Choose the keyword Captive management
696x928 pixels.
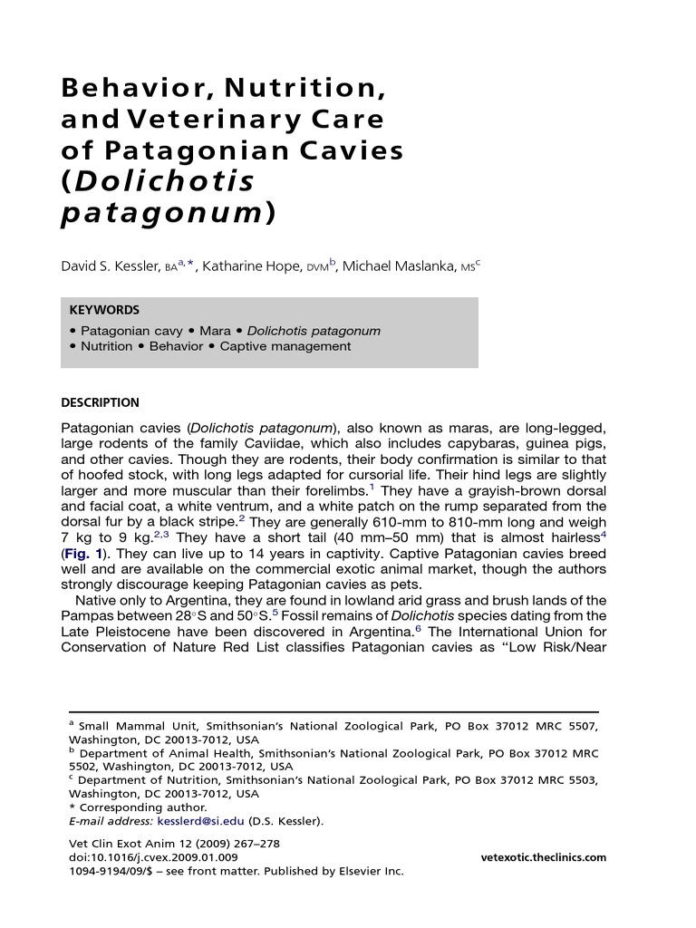pyautogui.click(x=285, y=346)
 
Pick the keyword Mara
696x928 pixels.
pyautogui.click(x=215, y=331)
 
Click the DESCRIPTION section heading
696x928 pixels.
pyautogui.click(x=100, y=403)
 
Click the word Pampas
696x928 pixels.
pyautogui.click(x=84, y=615)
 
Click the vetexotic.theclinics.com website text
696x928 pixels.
pyautogui.click(x=544, y=857)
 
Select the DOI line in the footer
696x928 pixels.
pyautogui.click(x=153, y=857)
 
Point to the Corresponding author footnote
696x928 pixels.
pyautogui.click(x=142, y=807)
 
